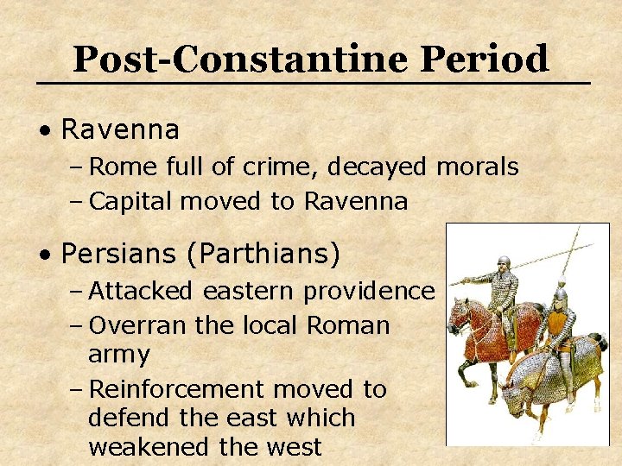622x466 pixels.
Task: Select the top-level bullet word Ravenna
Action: point(121,130)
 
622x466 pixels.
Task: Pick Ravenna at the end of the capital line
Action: point(355,201)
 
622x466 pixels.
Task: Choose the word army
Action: point(118,355)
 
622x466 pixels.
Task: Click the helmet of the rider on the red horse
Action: point(503,262)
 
